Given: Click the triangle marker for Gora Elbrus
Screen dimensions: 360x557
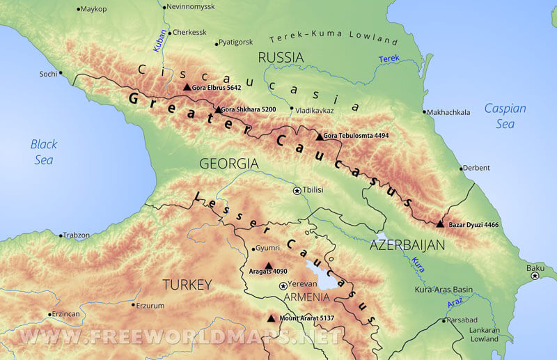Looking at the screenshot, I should point(186,87).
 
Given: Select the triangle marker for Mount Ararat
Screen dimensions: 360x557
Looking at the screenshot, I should point(271,318).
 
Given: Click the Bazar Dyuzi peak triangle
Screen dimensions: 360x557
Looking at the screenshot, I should point(439,224).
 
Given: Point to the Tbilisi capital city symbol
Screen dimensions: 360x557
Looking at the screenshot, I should point(297,190).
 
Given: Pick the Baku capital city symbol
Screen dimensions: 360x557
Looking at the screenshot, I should point(535,276).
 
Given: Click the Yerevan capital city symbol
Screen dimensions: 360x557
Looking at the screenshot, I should point(283,285).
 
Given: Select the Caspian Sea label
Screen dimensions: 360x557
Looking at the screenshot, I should point(505,116).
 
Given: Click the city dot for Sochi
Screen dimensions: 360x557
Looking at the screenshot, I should point(61,73).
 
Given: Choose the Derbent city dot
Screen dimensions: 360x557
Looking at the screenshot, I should point(461,168).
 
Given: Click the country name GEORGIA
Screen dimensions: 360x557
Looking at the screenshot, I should point(229,164).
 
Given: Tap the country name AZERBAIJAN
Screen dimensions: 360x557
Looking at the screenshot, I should point(407,245).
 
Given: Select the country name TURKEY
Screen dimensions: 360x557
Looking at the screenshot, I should point(186,284).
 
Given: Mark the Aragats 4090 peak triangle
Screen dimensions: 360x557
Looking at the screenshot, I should point(269,265).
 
